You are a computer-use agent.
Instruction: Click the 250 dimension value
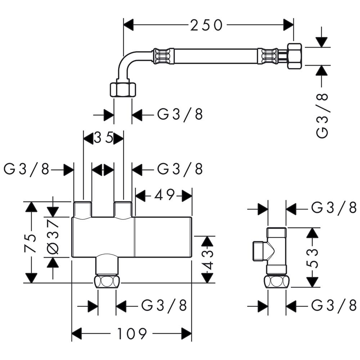207,25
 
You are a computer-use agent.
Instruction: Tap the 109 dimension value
132,334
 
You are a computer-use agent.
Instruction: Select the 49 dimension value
164,195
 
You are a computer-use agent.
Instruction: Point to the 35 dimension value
104,138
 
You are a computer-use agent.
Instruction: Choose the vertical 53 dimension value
314,257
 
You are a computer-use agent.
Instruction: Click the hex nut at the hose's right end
295,56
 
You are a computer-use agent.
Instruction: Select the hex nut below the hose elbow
123,89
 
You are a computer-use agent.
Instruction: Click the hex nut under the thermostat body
107,282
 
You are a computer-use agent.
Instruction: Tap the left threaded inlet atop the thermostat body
83,210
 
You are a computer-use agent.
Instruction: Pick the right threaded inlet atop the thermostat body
123,210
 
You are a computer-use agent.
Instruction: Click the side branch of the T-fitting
258,250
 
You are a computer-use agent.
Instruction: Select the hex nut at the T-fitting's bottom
277,281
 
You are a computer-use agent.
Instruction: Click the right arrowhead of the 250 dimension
288,25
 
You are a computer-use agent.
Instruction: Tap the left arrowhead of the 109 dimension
77,334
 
